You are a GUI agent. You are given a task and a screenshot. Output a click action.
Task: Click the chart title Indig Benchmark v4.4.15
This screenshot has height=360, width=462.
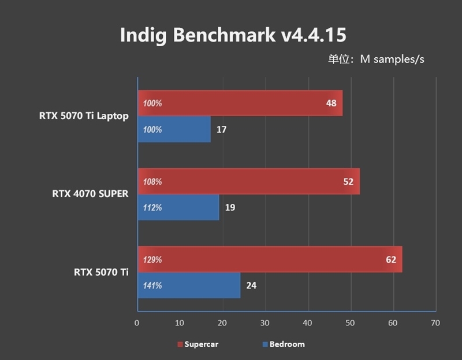point(233,35)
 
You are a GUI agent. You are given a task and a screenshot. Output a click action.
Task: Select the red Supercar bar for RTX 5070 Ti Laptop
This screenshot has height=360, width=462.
point(240,103)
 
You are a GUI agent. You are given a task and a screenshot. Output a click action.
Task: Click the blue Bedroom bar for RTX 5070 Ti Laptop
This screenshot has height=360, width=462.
point(174,129)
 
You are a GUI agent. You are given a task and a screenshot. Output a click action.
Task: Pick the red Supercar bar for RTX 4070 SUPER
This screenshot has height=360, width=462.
point(248,181)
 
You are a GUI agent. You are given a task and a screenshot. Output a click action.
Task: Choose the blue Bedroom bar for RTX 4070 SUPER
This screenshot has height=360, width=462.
point(178,207)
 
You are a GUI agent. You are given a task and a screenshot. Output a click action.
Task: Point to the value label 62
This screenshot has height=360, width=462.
point(391,259)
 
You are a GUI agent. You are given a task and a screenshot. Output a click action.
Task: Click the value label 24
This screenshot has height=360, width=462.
point(251,285)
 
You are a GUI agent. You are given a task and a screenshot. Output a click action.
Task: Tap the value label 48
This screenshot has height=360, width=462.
point(331,103)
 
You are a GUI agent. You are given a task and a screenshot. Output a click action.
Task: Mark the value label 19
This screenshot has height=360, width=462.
point(230,207)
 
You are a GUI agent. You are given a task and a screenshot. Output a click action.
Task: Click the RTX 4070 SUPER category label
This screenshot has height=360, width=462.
point(90,194)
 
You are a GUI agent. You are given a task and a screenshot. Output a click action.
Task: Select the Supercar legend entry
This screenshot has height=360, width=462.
point(198,344)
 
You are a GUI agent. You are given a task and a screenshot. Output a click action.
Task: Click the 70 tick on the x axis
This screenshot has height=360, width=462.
point(435,323)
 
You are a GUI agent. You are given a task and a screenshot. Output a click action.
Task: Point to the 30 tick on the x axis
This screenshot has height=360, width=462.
point(265,323)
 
